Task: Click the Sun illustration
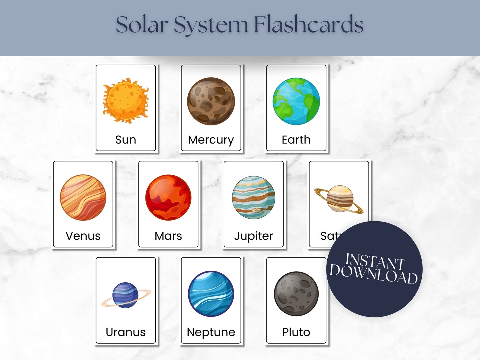126,101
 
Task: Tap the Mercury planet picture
211,101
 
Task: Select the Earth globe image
296,101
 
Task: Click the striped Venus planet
83,197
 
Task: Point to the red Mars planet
168,197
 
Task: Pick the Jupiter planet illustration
254,197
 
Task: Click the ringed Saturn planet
340,199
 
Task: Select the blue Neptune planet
211,294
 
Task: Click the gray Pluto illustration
296,294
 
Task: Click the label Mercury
211,140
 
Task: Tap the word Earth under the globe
296,140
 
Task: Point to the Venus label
83,236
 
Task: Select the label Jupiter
254,236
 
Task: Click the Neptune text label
211,332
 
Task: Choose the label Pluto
296,332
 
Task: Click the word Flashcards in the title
308,25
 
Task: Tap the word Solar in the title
142,25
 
